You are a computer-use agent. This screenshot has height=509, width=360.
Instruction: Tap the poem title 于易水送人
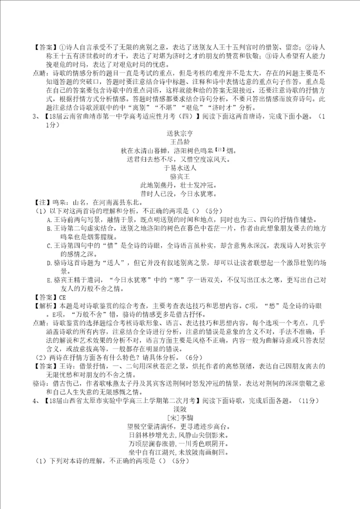click(x=179, y=168)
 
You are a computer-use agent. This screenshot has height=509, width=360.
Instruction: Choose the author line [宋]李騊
click(x=179, y=418)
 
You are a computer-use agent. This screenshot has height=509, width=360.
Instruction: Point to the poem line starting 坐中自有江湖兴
click(x=179, y=452)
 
